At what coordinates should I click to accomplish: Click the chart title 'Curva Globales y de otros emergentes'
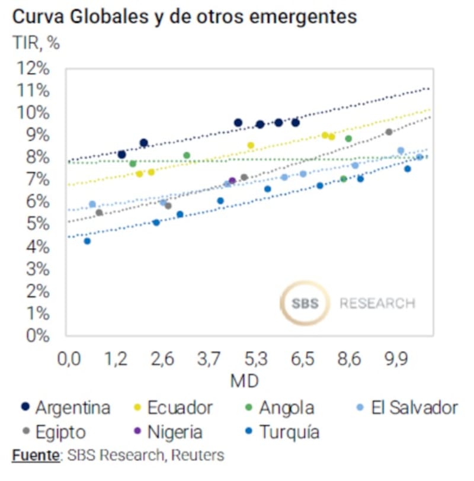[184, 17]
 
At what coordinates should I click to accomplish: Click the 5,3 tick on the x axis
[255, 360]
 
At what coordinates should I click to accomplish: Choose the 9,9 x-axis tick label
[396, 360]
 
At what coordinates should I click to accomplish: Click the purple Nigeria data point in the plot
[232, 181]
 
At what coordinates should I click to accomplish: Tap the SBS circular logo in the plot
[305, 303]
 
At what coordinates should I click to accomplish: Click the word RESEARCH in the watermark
[377, 303]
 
